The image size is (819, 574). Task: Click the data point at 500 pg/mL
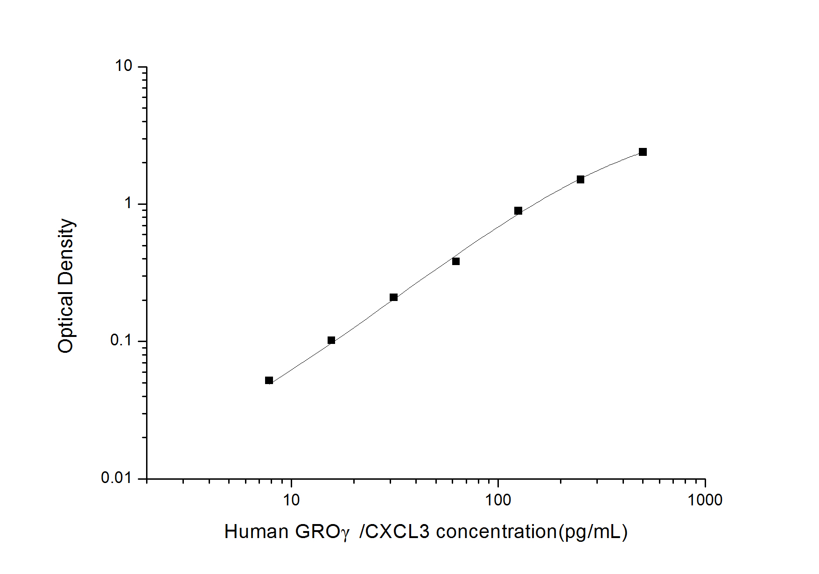(x=643, y=152)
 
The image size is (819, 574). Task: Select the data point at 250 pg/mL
(x=580, y=180)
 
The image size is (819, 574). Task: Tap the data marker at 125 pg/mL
(x=518, y=211)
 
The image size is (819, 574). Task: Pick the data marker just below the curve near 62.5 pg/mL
(x=456, y=261)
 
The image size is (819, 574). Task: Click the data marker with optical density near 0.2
(x=393, y=297)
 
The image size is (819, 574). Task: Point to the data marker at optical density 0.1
(x=331, y=340)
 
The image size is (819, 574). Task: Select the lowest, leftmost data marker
(x=269, y=380)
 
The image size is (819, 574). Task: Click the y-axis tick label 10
(x=124, y=66)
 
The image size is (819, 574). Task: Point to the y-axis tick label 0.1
(x=121, y=341)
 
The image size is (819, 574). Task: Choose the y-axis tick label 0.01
(x=117, y=478)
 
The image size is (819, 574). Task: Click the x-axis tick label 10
(x=291, y=500)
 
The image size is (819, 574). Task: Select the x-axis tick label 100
(x=498, y=500)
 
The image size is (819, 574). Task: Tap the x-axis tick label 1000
(x=705, y=500)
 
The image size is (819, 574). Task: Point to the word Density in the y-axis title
(x=66, y=252)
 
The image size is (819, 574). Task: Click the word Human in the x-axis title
(x=256, y=532)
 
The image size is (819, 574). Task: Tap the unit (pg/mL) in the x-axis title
(x=593, y=532)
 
